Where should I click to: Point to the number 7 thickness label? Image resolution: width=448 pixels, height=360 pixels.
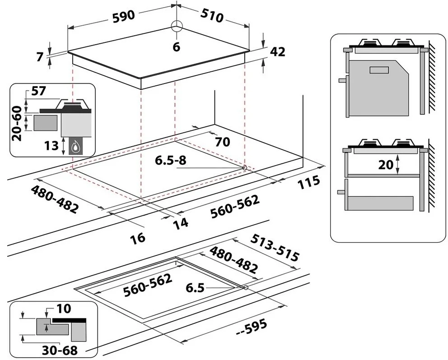40,57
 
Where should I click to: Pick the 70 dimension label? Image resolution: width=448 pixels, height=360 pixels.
222,142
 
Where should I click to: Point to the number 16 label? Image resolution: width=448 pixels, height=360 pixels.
140,237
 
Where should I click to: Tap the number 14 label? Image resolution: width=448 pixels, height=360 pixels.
180,222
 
